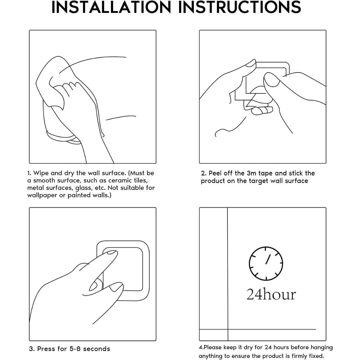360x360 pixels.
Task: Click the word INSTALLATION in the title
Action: coord(111,7)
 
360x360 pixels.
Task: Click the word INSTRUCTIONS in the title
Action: coord(240,7)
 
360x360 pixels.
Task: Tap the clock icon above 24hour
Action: coord(266,263)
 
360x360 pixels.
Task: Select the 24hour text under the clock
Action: coord(271,295)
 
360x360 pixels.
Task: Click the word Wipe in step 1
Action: coord(41,173)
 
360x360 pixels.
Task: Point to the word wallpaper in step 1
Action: coord(42,196)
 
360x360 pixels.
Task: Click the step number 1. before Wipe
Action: coord(29,173)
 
